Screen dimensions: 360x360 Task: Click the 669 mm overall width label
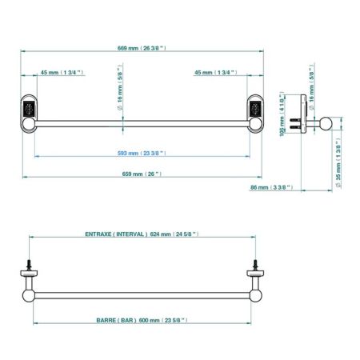click(x=142, y=48)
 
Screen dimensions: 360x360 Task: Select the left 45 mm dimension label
click(x=62, y=73)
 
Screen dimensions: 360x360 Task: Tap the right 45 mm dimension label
click(x=216, y=73)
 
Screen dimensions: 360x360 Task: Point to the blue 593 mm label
click(x=142, y=154)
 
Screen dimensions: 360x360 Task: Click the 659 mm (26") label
click(x=142, y=174)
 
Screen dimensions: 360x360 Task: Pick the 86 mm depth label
click(x=271, y=187)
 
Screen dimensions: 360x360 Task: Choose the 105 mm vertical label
click(x=282, y=114)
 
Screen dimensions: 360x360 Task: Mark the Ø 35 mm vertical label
click(x=338, y=163)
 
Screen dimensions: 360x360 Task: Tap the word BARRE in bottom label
click(x=106, y=321)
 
